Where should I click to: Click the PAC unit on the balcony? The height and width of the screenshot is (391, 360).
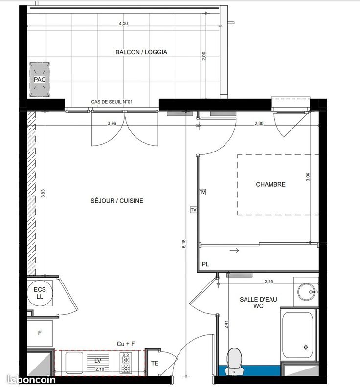pos(40,80)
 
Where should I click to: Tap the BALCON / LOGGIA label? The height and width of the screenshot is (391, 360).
pos(141,52)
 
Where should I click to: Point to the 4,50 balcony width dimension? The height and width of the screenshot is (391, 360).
pos(123,23)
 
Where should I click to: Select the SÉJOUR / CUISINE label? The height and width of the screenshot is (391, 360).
pos(117,201)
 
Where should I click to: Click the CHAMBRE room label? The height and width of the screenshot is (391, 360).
pos(270,184)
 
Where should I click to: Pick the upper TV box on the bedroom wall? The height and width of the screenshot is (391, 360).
pos(202,192)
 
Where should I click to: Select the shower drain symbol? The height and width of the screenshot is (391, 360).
pos(306,347)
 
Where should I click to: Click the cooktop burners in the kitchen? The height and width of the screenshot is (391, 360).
pos(126,363)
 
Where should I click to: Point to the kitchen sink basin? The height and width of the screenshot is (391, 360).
pos(74,363)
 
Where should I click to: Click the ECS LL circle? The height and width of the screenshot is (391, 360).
pos(40,293)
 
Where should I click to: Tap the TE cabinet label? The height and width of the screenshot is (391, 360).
pos(155,363)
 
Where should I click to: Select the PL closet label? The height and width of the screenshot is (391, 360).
pos(205,264)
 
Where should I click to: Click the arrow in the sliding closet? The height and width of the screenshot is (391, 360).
pos(234,250)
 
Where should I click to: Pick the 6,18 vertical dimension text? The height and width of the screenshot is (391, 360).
pos(184,243)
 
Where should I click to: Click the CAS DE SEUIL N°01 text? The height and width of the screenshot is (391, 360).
pos(112,102)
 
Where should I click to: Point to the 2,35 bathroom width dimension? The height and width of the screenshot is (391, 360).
pos(269,282)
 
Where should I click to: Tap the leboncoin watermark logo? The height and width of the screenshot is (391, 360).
pos(31,380)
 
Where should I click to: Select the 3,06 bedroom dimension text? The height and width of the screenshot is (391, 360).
pos(308,177)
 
